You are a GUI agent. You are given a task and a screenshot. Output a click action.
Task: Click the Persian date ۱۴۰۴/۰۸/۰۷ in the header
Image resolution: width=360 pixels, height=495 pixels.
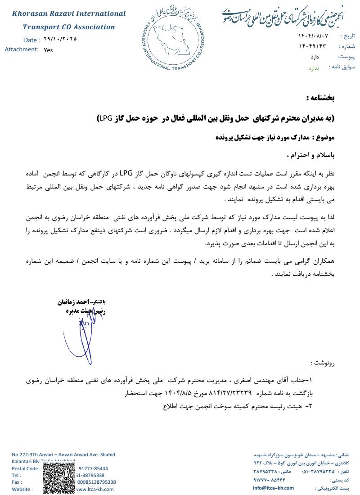313,36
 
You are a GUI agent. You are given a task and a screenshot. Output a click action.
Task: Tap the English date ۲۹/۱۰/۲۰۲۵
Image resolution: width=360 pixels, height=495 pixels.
61,39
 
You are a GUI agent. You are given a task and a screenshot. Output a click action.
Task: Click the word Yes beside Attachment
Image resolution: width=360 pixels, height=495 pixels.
48,50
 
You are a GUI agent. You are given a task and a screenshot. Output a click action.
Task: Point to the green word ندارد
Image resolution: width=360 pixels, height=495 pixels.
314,68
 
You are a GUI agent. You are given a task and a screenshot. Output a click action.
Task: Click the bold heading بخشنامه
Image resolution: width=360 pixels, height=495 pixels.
320,98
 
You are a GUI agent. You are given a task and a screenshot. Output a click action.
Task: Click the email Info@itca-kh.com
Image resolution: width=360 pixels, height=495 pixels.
273,488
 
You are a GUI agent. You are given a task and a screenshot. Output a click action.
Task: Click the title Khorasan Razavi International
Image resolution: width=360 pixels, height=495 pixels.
69,13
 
